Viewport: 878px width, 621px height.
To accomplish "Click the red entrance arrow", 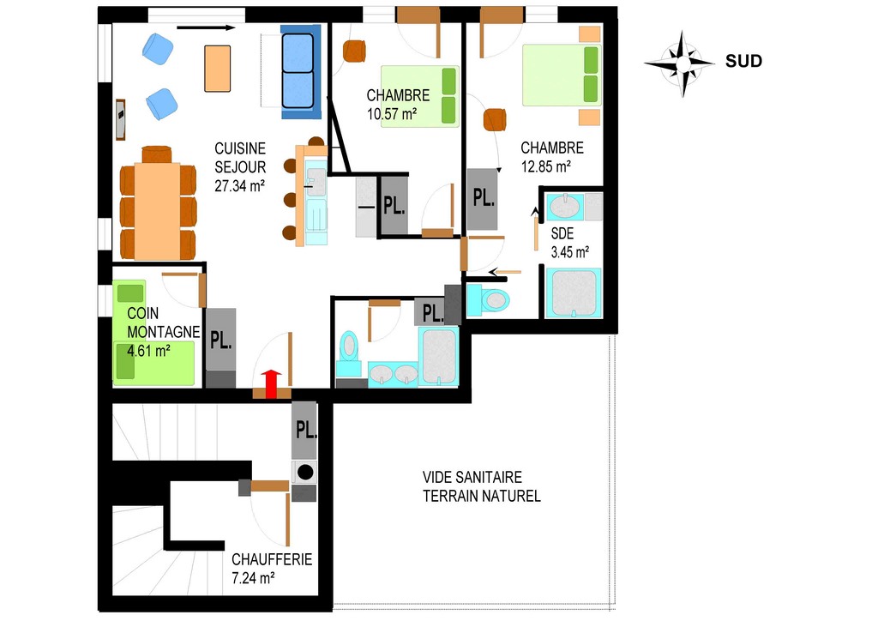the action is tap(272, 383).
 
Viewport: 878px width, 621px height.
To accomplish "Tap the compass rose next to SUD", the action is tap(682, 63).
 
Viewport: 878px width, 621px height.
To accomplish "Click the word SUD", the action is tap(743, 61).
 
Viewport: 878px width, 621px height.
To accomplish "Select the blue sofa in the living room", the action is tap(301, 71).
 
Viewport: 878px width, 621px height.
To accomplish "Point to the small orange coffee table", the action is tap(217, 69).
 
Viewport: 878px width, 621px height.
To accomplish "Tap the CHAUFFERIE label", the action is tap(272, 559).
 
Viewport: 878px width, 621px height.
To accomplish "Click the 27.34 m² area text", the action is tap(240, 186).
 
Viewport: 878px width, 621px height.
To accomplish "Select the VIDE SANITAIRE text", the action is tap(472, 477).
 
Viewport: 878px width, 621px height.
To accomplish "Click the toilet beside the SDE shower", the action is tap(489, 299).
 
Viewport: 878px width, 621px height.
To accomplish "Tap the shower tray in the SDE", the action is tap(574, 293).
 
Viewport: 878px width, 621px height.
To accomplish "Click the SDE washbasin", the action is tap(565, 207).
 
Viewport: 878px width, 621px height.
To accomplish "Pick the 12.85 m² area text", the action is tap(546, 167).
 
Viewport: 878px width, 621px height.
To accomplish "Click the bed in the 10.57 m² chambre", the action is tap(420, 96).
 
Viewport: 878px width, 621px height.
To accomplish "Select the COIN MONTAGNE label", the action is tap(163, 323).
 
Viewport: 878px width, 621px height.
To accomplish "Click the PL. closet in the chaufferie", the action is tap(304, 430).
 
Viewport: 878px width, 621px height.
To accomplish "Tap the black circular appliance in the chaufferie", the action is tap(305, 473).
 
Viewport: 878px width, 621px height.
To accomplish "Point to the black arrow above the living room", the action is tap(206, 27).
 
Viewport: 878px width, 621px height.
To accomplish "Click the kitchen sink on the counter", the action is tap(316, 182).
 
